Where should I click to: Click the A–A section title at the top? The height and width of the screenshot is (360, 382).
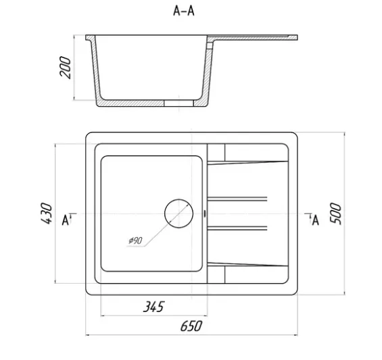coord(184,11)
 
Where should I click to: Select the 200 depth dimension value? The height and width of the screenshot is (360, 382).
coord(65,68)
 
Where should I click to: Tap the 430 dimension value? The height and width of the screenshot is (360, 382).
coord(46,213)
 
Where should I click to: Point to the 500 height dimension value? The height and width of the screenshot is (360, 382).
coord(335,213)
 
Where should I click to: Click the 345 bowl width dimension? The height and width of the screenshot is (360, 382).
coord(154,307)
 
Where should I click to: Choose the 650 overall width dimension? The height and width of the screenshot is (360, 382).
coord(191,326)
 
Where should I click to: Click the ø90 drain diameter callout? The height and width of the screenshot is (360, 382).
coord(135,240)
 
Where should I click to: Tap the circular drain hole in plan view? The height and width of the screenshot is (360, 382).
coord(178,213)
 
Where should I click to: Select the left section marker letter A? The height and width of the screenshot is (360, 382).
coord(66,220)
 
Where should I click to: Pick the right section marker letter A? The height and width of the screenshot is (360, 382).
coord(316,220)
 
